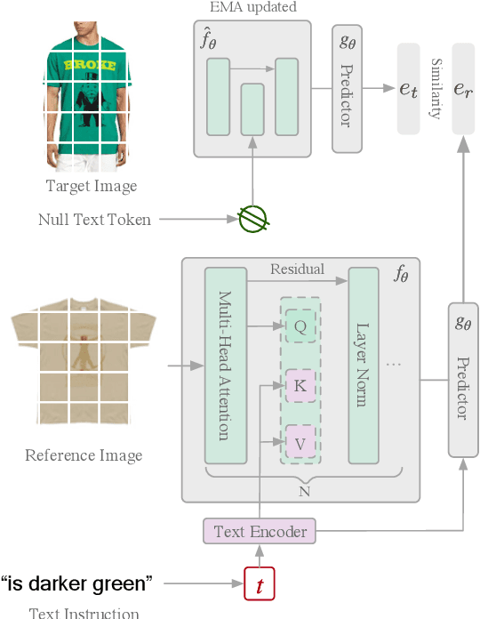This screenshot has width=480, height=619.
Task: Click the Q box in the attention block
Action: (300, 327)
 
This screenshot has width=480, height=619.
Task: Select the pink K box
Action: (300, 385)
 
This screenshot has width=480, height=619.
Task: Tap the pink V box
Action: (300, 440)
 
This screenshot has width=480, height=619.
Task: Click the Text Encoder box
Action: (260, 532)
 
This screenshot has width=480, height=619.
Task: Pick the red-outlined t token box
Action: (260, 585)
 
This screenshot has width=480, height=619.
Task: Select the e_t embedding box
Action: (408, 88)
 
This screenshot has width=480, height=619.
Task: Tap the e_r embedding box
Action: (462, 88)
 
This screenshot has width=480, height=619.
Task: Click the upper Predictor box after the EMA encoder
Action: (347, 88)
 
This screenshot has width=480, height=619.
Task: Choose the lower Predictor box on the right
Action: (462, 381)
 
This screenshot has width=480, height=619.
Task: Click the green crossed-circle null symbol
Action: (253, 219)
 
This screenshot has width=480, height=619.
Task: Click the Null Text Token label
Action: (94, 219)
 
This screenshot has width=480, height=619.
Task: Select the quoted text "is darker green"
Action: (77, 584)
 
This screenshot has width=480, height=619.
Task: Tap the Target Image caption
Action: (91, 186)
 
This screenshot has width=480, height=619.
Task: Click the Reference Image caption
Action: (84, 455)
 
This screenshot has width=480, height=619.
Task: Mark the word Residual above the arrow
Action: (297, 269)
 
